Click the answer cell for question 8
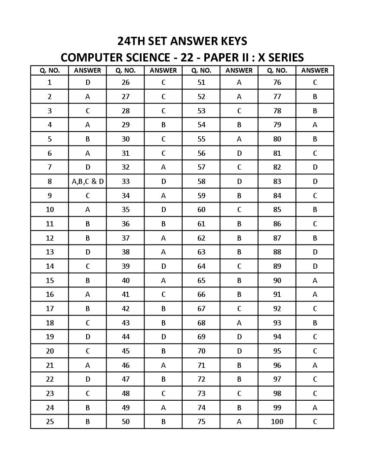(x=87, y=181)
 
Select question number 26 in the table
(x=126, y=82)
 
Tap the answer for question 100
(x=315, y=421)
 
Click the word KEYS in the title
(x=232, y=41)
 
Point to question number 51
(x=201, y=82)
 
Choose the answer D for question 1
(x=87, y=82)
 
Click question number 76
(x=277, y=82)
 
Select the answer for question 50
(x=163, y=421)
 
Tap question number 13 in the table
(x=50, y=252)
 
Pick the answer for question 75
(x=239, y=421)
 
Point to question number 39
(x=126, y=266)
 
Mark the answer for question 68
(x=239, y=323)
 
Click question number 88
(x=277, y=252)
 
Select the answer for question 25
(x=87, y=421)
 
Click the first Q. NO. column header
(x=50, y=70)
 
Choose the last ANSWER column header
(x=315, y=70)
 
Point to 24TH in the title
(x=132, y=41)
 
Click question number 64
(x=201, y=266)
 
